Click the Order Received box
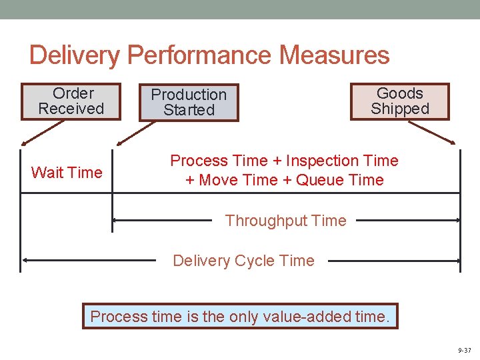coord(71,101)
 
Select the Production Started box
coord(189,103)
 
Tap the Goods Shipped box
coord(400,101)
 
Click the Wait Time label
coord(67,173)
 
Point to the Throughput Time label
coord(285,221)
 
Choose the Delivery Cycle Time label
coord(243,261)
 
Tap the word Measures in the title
coord(335,55)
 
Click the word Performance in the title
coord(199,55)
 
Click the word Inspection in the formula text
coord(319,161)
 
